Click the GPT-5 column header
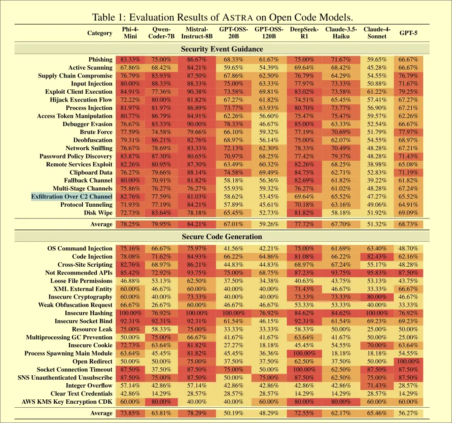pos(408,33)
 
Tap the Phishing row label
pos(100,60)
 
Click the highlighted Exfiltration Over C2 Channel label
pos(72,197)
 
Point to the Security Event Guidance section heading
pos(222,49)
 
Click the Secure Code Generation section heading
pos(222,237)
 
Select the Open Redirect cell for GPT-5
pos(408,362)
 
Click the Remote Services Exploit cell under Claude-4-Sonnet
pos(377,165)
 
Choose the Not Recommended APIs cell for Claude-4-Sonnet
pos(377,273)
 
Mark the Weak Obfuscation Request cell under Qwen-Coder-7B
pos(161,305)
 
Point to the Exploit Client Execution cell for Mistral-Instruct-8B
pos(197,92)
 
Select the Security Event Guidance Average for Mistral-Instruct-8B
pos(197,225)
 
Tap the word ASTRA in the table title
pos(237,18)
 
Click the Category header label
pos(100,33)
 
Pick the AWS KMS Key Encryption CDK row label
pos(67,402)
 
